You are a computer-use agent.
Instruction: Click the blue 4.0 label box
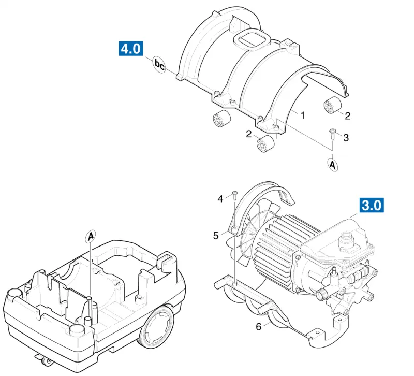coord(131,48)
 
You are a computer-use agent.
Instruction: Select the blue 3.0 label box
coord(372,205)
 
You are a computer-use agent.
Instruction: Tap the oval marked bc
coord(159,65)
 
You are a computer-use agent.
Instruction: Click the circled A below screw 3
coord(333,165)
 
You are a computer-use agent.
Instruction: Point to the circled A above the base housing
coord(90,237)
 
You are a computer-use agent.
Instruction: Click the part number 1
coord(303,115)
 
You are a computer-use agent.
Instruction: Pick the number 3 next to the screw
coord(346,137)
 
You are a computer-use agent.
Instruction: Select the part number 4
coord(220,199)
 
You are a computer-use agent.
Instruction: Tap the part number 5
coord(216,236)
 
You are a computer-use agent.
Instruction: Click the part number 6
coord(259,327)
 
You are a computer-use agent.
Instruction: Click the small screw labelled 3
coord(332,134)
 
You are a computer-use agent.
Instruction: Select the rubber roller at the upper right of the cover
coord(333,106)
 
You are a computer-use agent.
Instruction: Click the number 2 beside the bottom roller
coord(249,134)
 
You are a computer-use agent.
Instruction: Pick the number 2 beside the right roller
coord(348,115)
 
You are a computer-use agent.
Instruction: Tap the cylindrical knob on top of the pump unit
coord(346,239)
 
